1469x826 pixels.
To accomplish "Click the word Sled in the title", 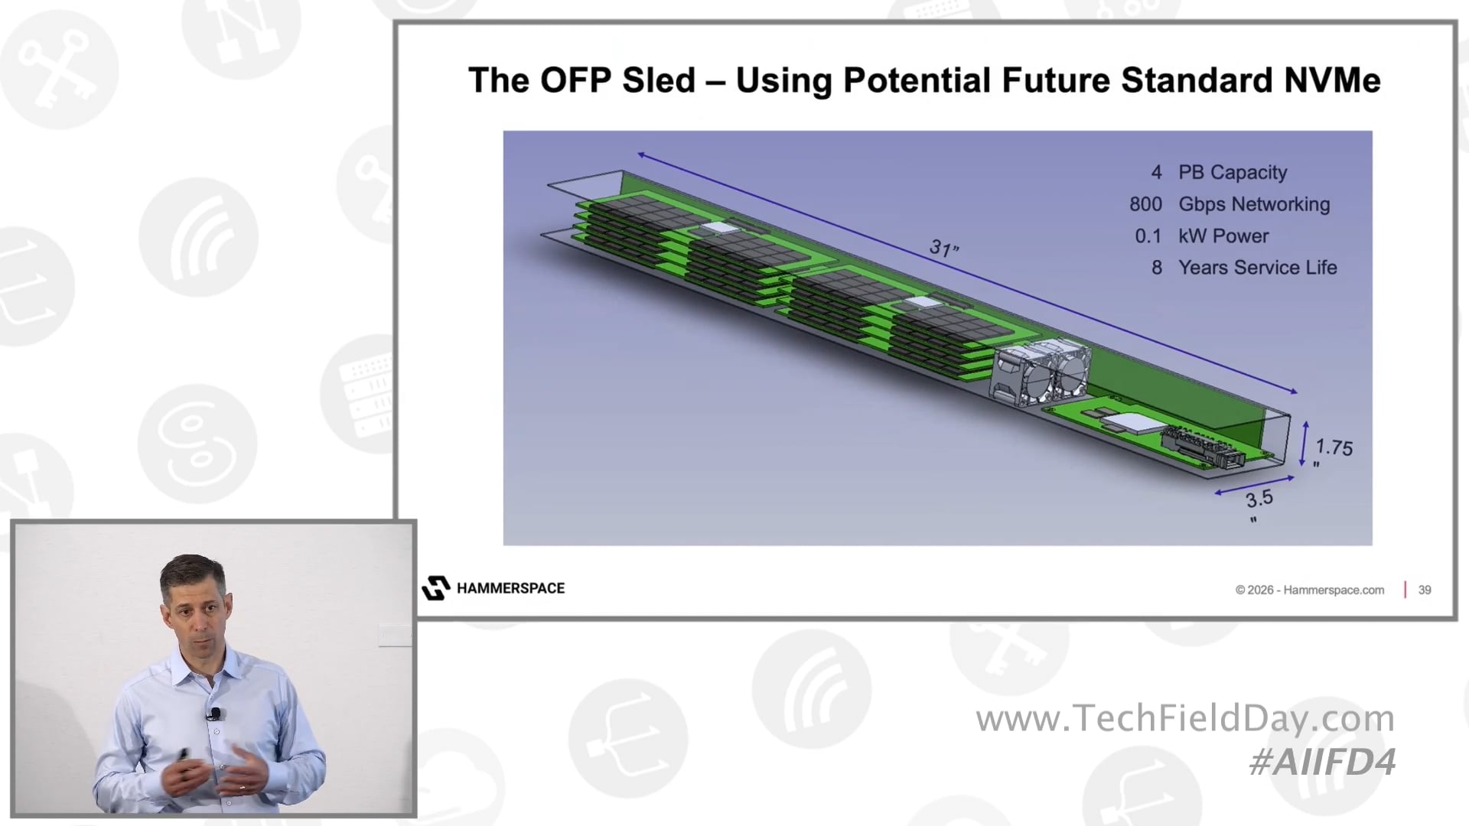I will click(658, 80).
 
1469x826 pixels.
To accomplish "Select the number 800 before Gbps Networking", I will click(1145, 204).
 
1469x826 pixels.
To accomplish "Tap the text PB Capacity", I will click(1233, 172).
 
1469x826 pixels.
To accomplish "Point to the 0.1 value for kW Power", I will click(1148, 236).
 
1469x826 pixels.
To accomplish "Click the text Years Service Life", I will click(1257, 268).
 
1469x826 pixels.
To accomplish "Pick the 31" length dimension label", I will click(944, 248).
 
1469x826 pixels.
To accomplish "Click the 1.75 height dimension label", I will click(1334, 447).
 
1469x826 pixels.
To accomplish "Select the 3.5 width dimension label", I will click(1259, 499).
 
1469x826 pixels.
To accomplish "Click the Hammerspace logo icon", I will click(436, 588).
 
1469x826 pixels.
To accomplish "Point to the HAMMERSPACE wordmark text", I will click(510, 588).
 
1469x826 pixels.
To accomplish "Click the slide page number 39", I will click(1425, 590).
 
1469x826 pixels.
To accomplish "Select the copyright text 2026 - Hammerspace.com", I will click(1310, 590).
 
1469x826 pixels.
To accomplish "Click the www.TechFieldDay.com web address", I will click(1185, 718).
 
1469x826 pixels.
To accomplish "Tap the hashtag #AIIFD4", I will click(1322, 762).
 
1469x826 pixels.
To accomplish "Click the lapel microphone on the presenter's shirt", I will click(214, 714).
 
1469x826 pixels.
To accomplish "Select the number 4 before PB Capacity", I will click(1157, 172).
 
